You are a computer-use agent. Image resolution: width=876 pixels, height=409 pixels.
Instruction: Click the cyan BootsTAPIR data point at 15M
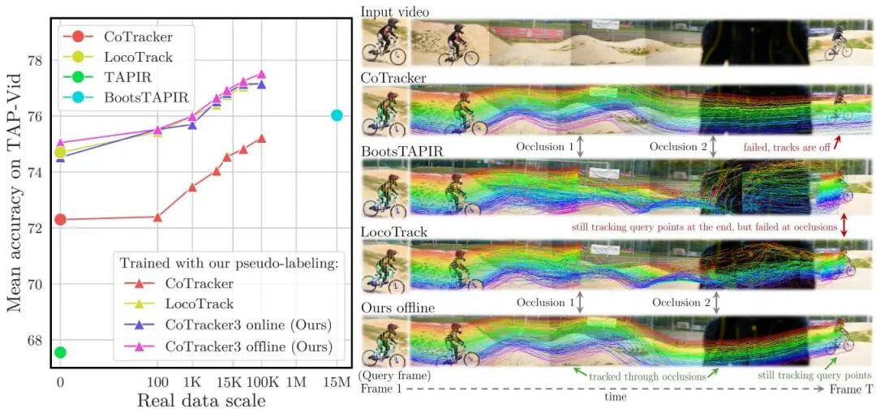click(337, 115)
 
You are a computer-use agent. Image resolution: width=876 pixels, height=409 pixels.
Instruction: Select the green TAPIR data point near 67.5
click(59, 352)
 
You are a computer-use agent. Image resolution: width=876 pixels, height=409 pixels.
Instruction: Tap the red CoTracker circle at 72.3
click(59, 219)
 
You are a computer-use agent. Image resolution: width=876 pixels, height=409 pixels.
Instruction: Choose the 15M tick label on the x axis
click(336, 381)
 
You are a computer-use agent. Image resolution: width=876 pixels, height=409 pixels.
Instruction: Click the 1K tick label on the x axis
click(193, 381)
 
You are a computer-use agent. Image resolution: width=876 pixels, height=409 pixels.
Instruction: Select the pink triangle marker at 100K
click(261, 74)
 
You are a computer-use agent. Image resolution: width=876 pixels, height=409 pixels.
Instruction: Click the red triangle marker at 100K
click(261, 138)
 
